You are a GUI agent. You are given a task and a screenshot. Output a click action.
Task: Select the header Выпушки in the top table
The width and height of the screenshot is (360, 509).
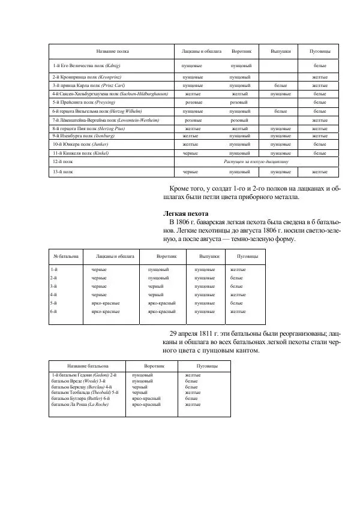coord(280,52)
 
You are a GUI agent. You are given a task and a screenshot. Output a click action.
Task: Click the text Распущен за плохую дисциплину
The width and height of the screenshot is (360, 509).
coord(256,161)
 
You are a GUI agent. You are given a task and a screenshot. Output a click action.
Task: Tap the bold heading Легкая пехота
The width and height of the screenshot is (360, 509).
coord(185,213)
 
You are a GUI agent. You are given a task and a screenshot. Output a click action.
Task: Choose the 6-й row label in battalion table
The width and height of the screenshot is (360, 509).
coord(54,312)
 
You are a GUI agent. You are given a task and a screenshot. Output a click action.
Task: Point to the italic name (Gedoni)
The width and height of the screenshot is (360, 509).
coord(99,375)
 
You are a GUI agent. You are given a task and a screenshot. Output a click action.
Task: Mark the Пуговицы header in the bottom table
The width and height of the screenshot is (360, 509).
coord(207,365)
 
